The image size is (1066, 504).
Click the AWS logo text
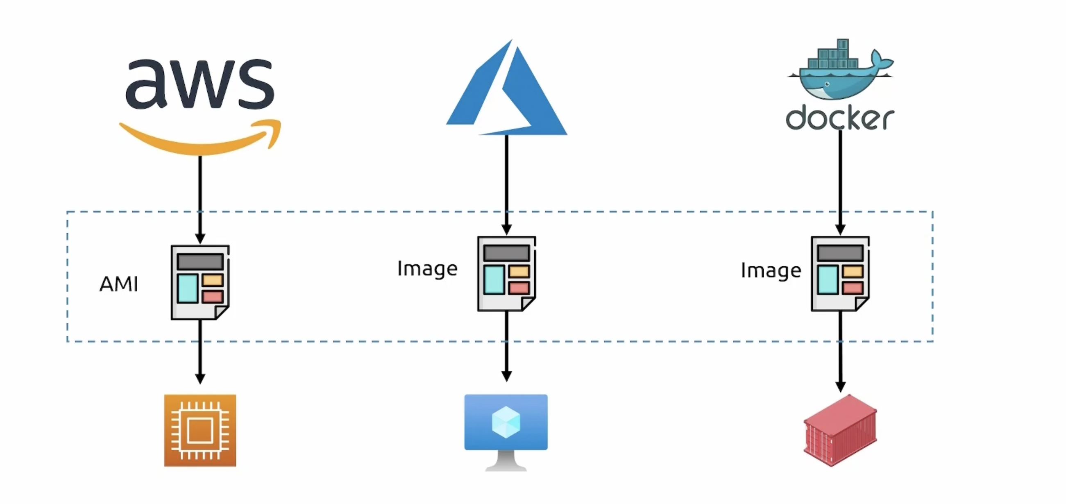[x=200, y=84]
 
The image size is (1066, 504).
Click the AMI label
[x=119, y=284]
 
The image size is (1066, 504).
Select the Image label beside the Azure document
[x=427, y=269]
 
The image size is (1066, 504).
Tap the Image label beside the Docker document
[x=771, y=270]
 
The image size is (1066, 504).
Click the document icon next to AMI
[x=200, y=282]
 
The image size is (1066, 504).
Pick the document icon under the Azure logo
[x=506, y=274]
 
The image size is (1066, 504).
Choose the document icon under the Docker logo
[x=840, y=274]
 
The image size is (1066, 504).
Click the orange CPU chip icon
[x=200, y=430]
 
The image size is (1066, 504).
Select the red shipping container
[x=840, y=430]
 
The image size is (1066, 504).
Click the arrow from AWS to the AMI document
[x=200, y=199]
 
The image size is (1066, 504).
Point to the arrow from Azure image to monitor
[x=506, y=345]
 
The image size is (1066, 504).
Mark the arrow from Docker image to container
[x=840, y=350]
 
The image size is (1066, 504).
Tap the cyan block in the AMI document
[x=188, y=288]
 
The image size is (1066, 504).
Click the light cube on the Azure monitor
[x=506, y=422]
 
